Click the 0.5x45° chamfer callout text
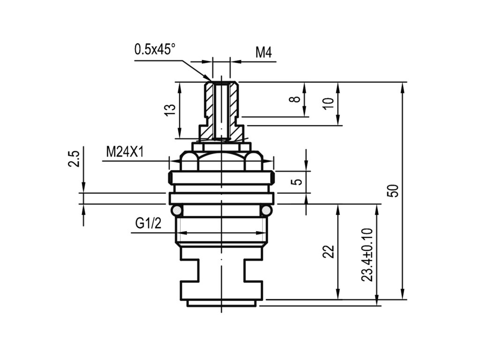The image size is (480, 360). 155,49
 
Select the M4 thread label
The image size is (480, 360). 263,52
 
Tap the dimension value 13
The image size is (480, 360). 171,110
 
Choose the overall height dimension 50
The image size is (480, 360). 393,190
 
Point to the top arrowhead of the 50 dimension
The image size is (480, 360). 402,86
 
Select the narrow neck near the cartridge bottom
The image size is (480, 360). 221,270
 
